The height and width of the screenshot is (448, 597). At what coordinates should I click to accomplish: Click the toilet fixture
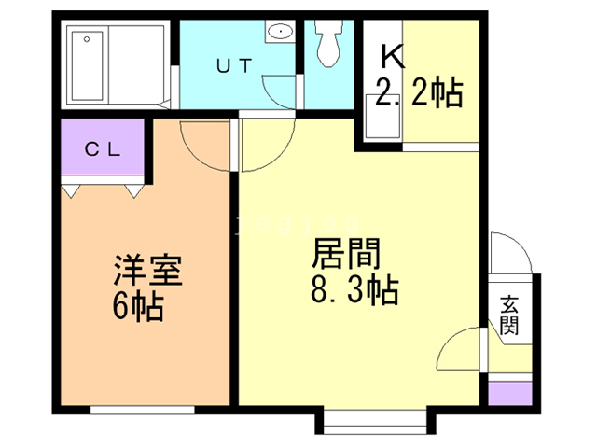click(x=328, y=44)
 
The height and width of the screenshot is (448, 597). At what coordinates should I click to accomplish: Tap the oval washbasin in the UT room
click(x=281, y=31)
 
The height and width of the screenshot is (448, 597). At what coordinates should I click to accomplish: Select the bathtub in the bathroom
click(x=87, y=66)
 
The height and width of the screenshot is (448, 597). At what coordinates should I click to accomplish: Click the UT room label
click(x=234, y=65)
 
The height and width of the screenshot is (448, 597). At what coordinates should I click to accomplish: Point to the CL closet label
click(x=103, y=149)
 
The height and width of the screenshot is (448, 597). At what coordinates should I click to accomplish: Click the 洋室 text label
click(x=147, y=270)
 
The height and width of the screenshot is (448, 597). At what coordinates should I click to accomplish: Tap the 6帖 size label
click(x=138, y=307)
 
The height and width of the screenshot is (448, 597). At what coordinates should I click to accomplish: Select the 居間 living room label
click(x=346, y=253)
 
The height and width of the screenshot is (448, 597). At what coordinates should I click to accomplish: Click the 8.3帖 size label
click(x=354, y=289)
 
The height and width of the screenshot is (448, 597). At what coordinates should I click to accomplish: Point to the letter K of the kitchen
click(x=392, y=57)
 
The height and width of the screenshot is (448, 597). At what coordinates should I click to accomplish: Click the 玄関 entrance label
click(x=509, y=315)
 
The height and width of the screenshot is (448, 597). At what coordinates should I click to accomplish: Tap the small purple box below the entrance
click(x=510, y=394)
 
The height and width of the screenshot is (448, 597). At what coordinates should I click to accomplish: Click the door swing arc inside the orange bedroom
click(x=195, y=155)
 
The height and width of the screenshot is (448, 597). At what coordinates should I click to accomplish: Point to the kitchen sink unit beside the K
click(x=382, y=116)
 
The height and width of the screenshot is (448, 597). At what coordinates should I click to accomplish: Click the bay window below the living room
click(x=375, y=421)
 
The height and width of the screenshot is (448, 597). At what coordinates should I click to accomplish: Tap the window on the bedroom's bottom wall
click(x=143, y=410)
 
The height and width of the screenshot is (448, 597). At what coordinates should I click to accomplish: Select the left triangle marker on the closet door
click(x=71, y=190)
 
